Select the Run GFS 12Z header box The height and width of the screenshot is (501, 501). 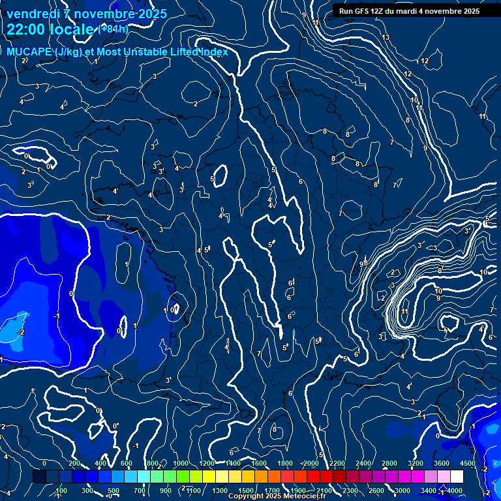408,11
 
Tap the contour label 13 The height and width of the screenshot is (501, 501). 386,37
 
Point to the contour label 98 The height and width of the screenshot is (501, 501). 363,264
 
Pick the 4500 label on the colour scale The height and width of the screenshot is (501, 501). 468,463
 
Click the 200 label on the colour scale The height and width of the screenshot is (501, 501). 74,463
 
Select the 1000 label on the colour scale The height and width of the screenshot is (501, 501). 180,463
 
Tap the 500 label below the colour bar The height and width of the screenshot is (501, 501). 114,491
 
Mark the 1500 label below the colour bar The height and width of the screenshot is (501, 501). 246,491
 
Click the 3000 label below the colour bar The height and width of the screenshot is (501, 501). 402,491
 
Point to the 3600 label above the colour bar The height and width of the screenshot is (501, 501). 442,463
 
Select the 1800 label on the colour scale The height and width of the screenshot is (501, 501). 285,463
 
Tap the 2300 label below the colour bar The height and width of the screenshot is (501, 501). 350,491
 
